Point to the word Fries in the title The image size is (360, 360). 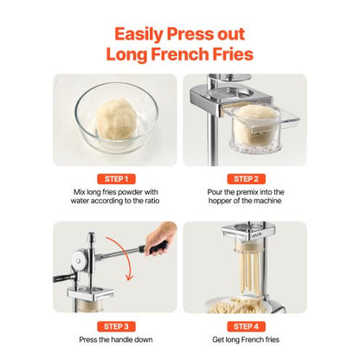tap(228, 54)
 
